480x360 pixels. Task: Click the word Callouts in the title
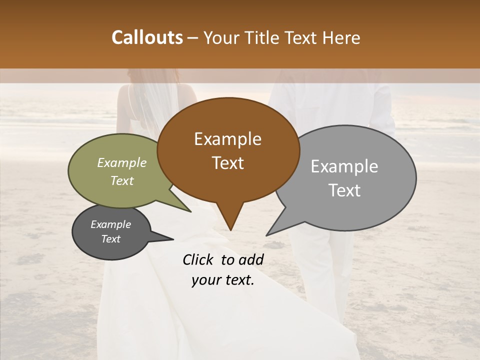[147, 37]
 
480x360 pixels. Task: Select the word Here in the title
[342, 37]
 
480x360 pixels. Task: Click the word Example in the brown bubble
[227, 139]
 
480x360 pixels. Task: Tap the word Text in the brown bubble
[227, 163]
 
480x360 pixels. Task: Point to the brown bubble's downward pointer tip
[230, 230]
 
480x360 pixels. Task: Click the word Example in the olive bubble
[122, 163]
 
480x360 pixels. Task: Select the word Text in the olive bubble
[122, 181]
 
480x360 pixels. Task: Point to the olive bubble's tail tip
[190, 212]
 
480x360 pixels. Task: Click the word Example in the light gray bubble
[344, 166]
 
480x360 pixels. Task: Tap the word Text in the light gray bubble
[344, 190]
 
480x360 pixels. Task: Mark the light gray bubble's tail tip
[266, 235]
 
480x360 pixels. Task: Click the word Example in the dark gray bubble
[111, 224]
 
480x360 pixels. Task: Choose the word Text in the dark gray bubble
[111, 239]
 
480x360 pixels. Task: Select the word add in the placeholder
[251, 259]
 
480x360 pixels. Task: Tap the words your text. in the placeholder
[223, 280]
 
